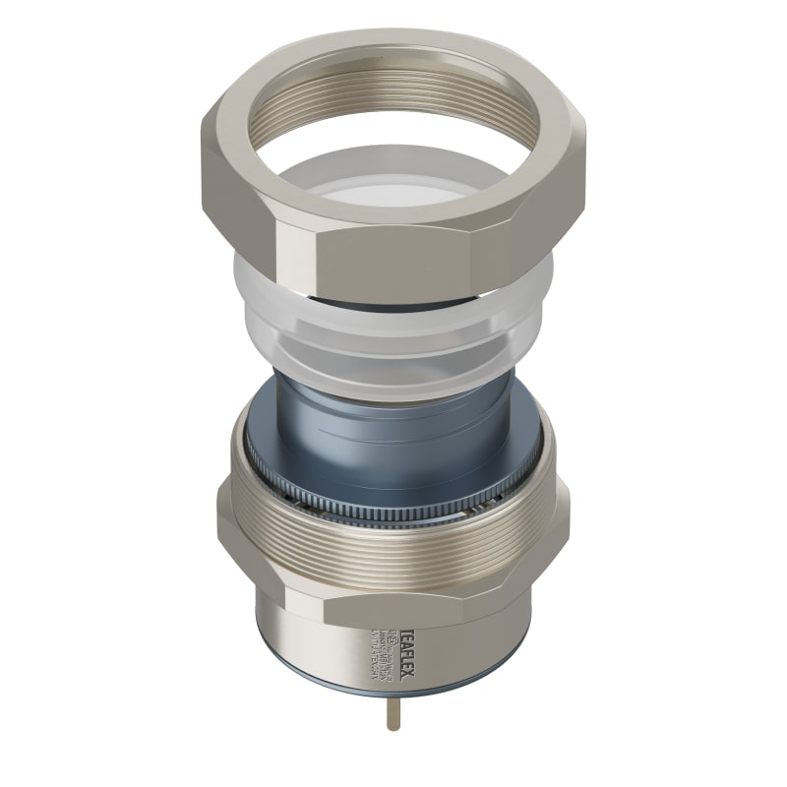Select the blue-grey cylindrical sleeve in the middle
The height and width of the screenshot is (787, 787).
(x=393, y=433)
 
